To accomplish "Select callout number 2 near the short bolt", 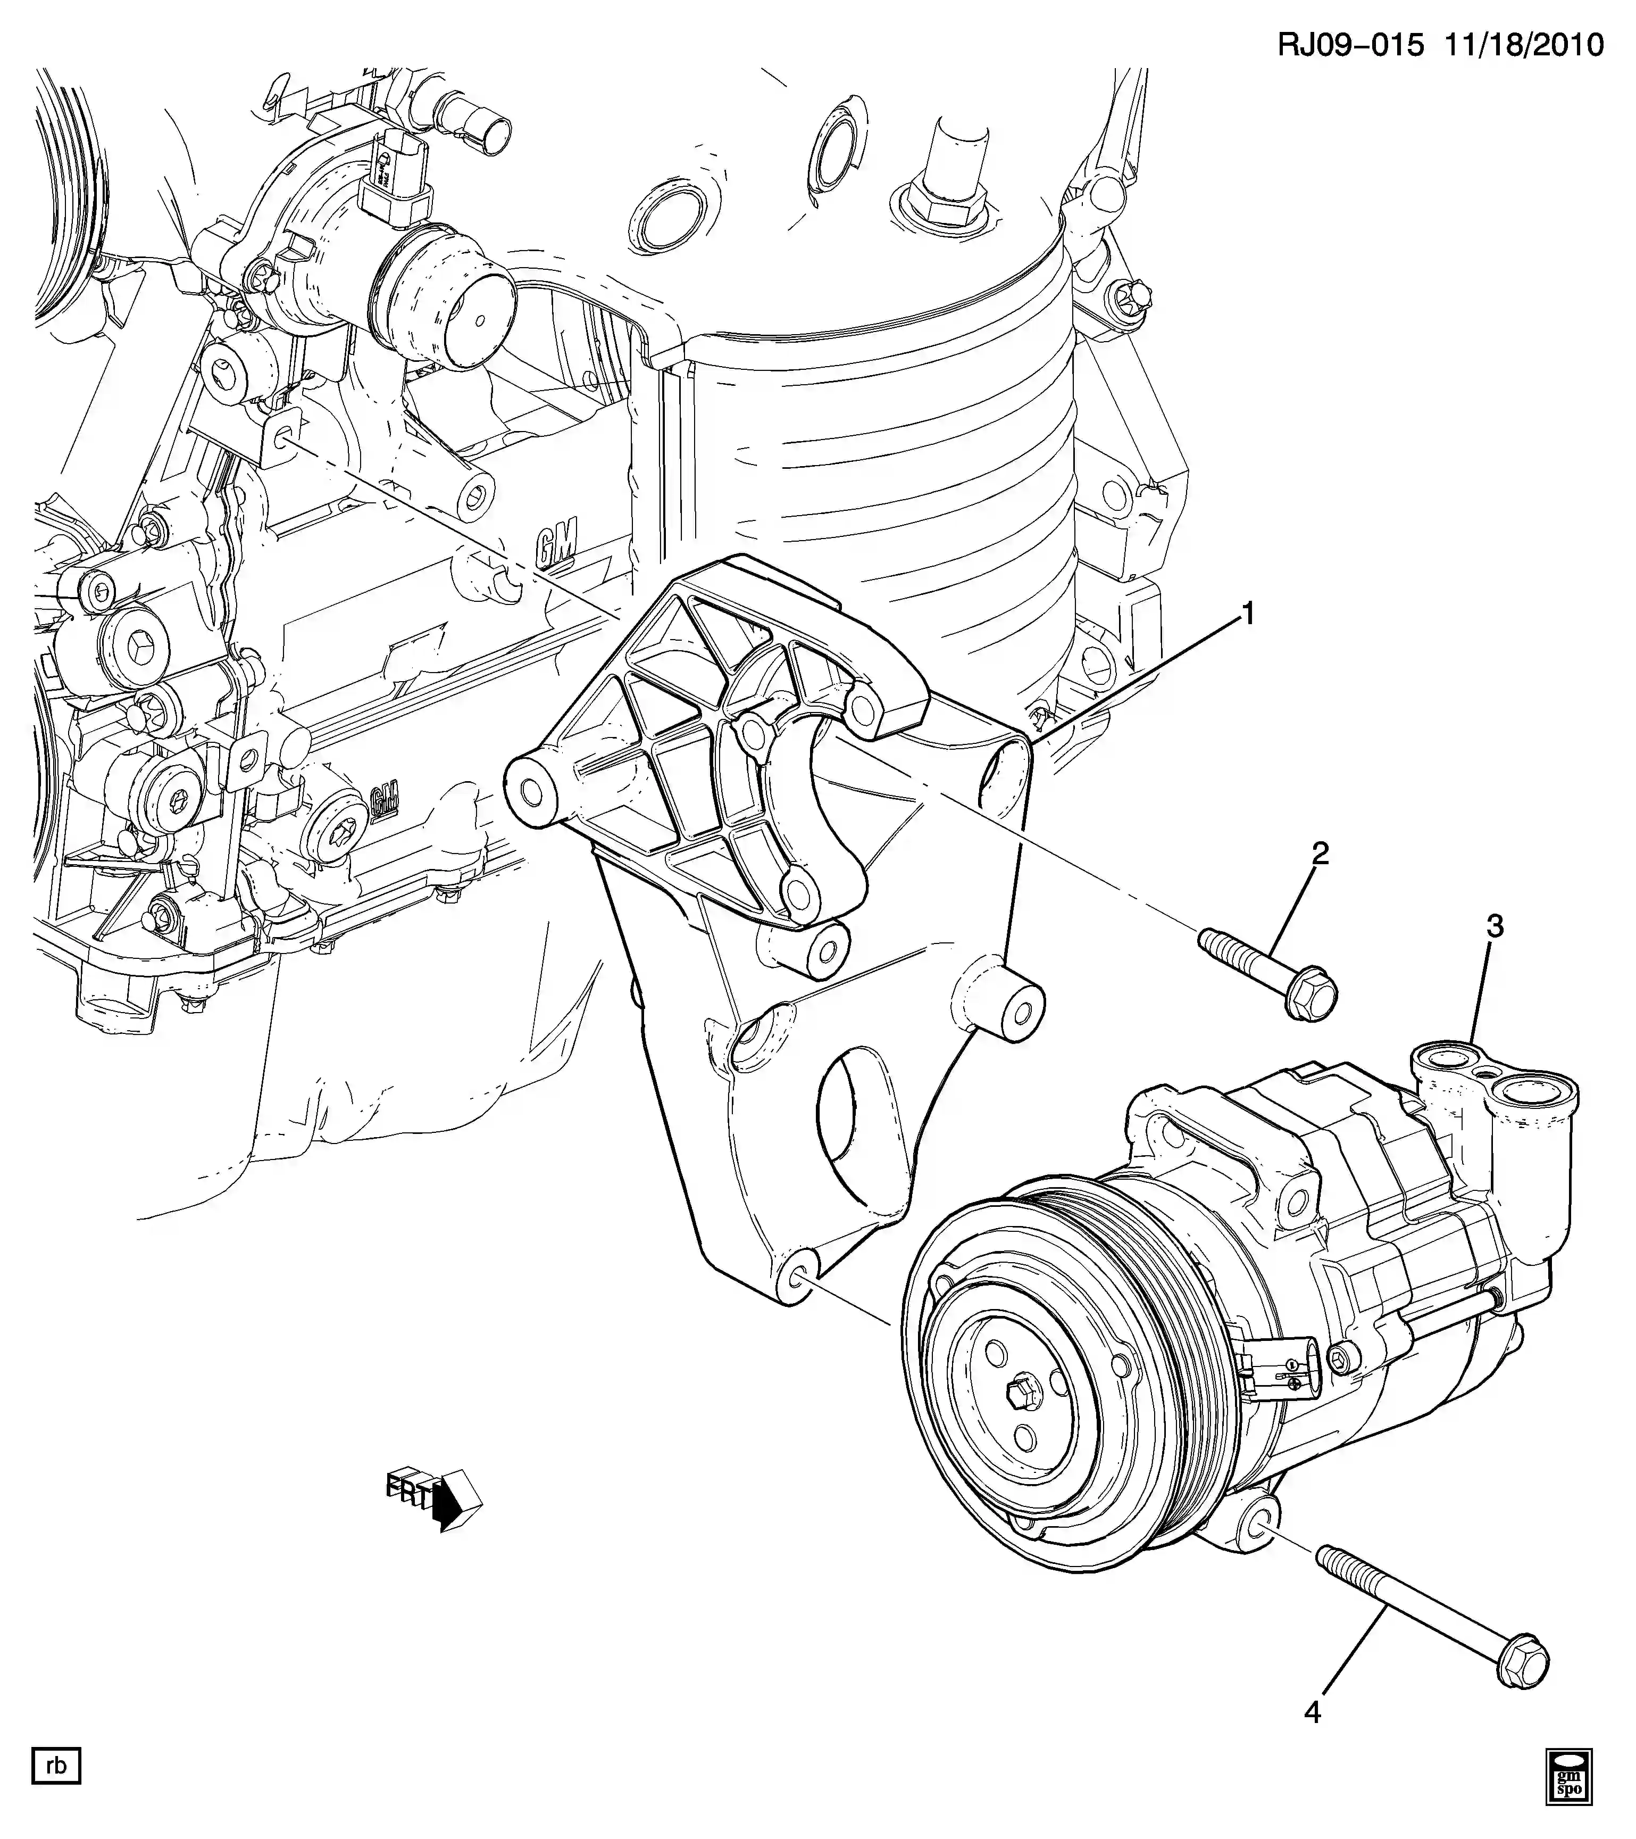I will click(x=1320, y=853).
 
